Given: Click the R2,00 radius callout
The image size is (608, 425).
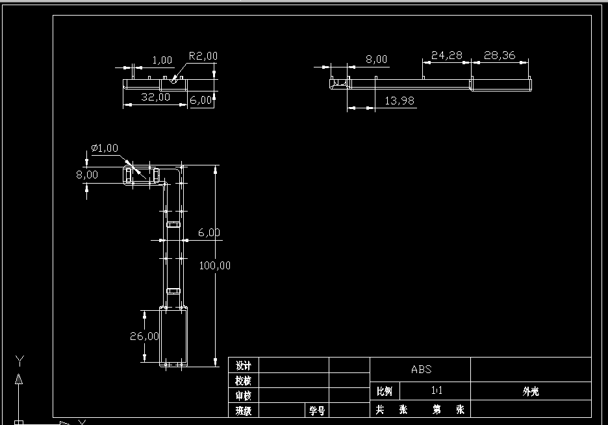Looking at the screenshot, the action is (203, 56).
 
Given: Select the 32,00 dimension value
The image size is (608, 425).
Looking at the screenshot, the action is (156, 97).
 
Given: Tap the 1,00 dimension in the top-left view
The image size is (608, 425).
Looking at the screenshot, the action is (162, 60).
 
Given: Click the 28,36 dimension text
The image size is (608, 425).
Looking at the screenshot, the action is (500, 56).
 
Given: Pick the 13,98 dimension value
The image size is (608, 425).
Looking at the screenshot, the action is (399, 101).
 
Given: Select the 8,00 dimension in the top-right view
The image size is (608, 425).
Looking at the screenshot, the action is (376, 60).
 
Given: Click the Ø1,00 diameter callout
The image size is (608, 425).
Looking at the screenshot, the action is (105, 148).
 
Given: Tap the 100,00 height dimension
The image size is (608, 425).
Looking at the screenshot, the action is (216, 265).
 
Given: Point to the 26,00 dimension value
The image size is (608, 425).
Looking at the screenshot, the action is (144, 336).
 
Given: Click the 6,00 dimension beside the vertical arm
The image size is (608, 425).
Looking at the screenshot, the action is (209, 232).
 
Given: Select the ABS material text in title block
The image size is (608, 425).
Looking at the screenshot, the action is (421, 370).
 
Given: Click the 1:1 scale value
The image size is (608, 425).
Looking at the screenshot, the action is (437, 391).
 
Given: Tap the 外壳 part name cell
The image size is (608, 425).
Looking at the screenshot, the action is (531, 391).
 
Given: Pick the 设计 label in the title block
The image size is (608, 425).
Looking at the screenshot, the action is (244, 365).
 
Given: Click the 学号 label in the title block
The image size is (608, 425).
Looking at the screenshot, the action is (316, 411).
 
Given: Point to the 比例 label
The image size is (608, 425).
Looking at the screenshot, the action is (385, 391).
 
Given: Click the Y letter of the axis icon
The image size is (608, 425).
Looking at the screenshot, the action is (19, 360).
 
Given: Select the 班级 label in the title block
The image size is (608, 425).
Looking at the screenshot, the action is (244, 411).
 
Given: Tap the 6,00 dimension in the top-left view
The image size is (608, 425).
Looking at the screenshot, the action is (201, 100).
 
